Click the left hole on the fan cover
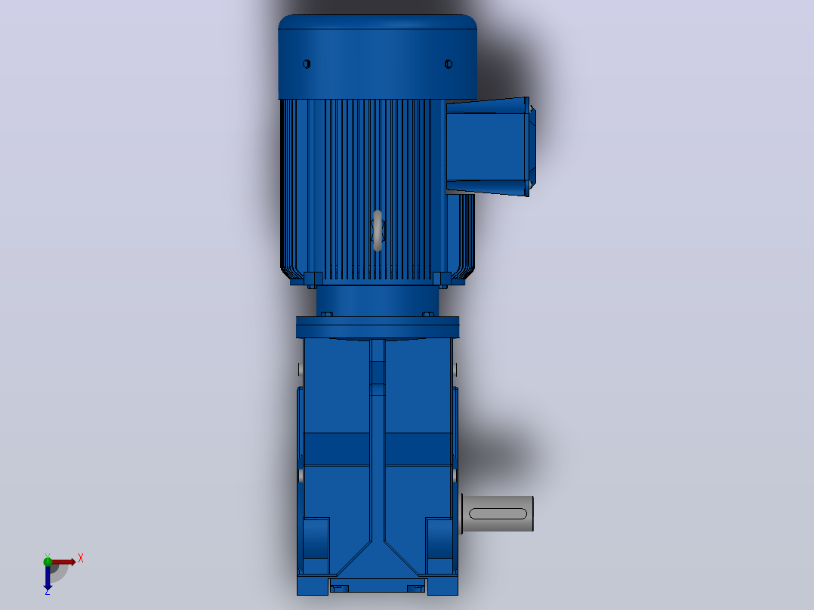(x=307, y=64)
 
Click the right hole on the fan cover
(x=449, y=64)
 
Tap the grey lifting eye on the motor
(x=378, y=230)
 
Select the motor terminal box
(x=491, y=147)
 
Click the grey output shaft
(x=498, y=513)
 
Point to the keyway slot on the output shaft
(x=498, y=513)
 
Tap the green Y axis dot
(x=48, y=561)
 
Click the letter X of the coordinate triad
(x=81, y=559)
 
